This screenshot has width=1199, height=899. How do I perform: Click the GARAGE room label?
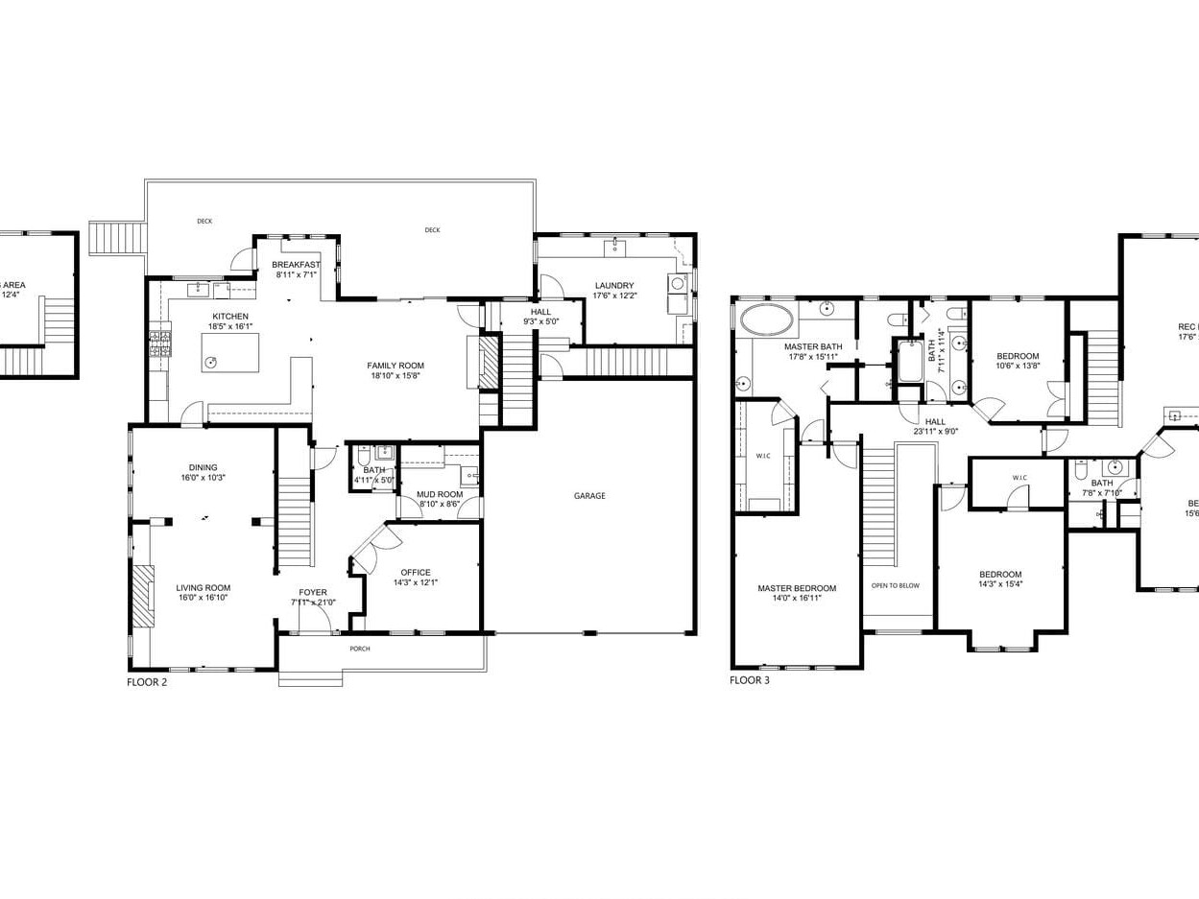589,496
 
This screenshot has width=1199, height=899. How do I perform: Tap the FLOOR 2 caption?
153,682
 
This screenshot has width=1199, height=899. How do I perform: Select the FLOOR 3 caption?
749,680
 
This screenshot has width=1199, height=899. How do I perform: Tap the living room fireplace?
143,596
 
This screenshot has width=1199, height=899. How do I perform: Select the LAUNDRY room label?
613,285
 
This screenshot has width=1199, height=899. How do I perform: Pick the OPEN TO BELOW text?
895,585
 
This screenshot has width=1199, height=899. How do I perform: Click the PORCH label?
359,649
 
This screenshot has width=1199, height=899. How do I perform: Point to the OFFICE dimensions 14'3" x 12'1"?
415,582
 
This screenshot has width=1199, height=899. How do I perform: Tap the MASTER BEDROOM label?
796,588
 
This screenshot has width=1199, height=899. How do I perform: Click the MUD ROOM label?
439,494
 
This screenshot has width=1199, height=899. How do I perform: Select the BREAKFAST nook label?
296,265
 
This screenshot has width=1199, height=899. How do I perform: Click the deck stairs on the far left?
108,236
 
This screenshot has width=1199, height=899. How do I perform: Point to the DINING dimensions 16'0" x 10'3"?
203,478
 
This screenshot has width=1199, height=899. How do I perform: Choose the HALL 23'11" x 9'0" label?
934,421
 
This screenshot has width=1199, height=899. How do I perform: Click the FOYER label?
313,592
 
